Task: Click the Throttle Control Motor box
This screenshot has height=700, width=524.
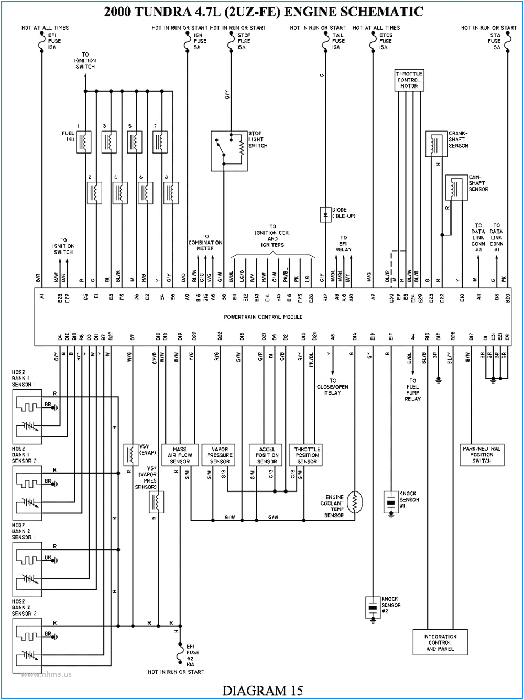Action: pyautogui.click(x=409, y=80)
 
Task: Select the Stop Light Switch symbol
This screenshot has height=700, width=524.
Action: pyautogui.click(x=230, y=150)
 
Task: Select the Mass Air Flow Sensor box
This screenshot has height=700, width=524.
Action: pyautogui.click(x=179, y=455)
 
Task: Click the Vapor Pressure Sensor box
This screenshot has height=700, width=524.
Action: pyautogui.click(x=220, y=455)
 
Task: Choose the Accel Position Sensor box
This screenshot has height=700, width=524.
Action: pyautogui.click(x=267, y=455)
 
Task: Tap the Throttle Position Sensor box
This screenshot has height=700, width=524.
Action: pyautogui.click(x=307, y=455)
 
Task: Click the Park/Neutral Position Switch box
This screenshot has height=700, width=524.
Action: pyautogui.click(x=481, y=454)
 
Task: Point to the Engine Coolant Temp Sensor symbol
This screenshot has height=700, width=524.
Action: pyautogui.click(x=354, y=502)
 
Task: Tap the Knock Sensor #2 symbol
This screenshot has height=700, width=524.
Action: pyautogui.click(x=373, y=607)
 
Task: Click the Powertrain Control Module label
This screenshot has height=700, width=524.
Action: pyautogui.click(x=263, y=317)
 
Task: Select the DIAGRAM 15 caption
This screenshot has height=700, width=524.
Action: pyautogui.click(x=263, y=691)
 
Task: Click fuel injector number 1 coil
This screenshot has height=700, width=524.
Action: pyautogui.click(x=84, y=141)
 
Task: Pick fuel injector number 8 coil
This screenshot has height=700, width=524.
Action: pyautogui.click(x=171, y=193)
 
